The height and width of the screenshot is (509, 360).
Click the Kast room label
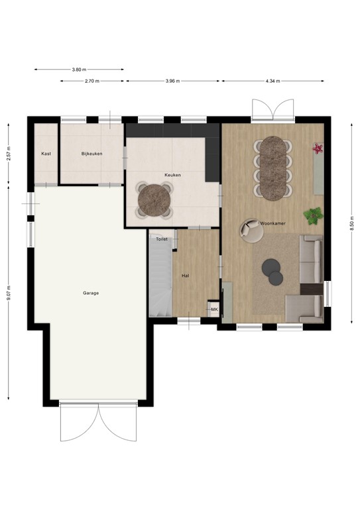tap(46, 153)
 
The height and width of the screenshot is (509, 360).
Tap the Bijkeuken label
tap(91, 153)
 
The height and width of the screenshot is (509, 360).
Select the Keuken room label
tap(173, 175)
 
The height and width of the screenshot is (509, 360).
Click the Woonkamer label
tap(272, 223)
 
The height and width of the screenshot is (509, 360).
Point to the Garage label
tap(91, 292)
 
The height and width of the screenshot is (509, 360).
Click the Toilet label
tap(162, 239)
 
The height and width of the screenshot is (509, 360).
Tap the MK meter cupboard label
tap(214, 310)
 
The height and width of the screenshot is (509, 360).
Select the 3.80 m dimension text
tap(79, 69)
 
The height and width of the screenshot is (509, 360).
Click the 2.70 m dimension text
tap(92, 81)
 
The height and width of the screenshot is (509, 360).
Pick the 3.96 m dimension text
tap(172, 81)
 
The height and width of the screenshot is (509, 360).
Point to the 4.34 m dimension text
tap(272, 81)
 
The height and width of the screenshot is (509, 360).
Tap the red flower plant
tap(318, 148)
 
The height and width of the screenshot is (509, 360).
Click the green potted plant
tap(312, 215)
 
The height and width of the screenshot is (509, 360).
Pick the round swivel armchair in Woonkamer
tap(251, 230)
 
